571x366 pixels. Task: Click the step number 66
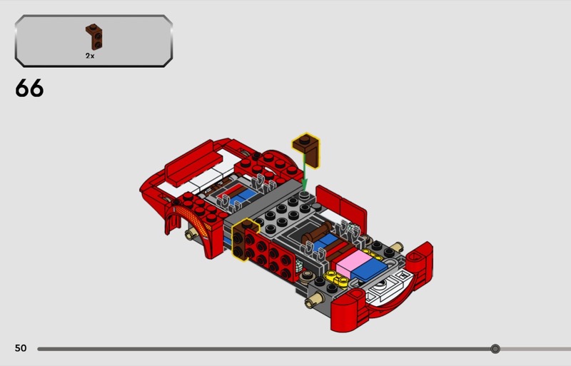click(29, 88)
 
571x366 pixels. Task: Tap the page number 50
click(21, 348)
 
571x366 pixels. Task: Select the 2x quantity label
click(90, 56)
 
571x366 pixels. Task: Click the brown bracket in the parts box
click(94, 37)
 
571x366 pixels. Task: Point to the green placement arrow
click(305, 174)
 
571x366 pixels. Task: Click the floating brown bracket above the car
click(306, 151)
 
